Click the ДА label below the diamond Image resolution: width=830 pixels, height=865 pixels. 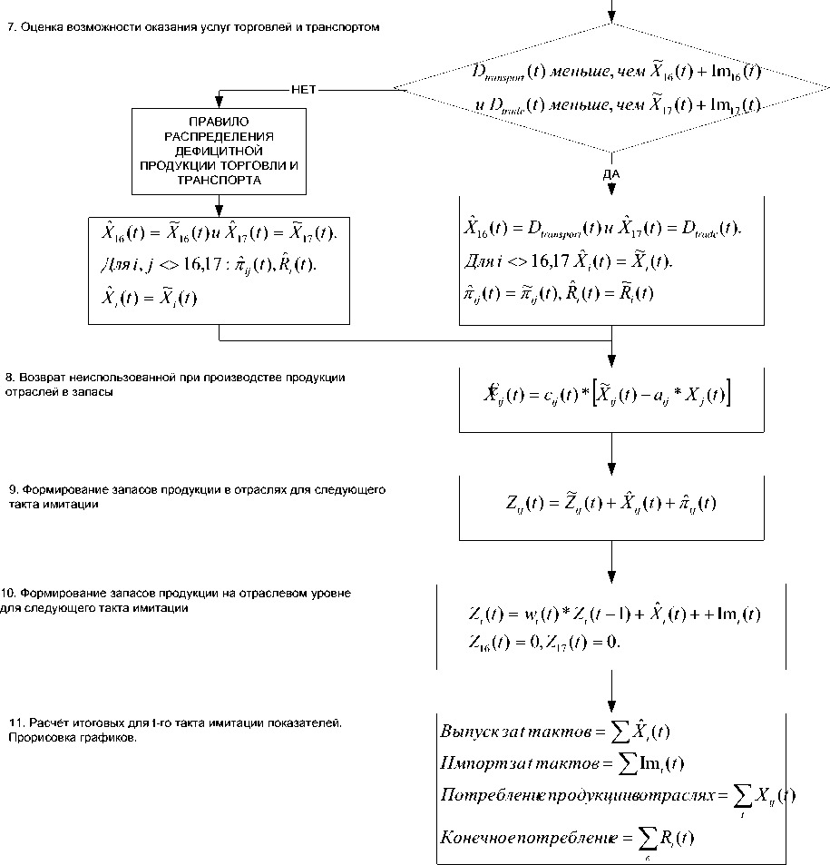pyautogui.click(x=610, y=172)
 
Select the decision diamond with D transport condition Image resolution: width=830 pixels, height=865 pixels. pyautogui.click(x=612, y=88)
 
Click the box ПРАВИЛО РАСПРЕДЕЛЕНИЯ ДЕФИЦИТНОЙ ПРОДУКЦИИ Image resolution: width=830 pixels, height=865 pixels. pyautogui.click(x=219, y=151)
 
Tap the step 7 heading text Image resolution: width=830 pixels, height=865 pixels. pyautogui.click(x=192, y=27)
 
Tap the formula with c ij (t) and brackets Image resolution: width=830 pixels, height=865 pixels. pyautogui.click(x=610, y=395)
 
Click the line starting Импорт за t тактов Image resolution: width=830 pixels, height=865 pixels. pyautogui.click(x=562, y=762)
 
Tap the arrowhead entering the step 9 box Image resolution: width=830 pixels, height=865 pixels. pyautogui.click(x=611, y=468)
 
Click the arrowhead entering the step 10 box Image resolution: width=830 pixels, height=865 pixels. pyautogui.click(x=611, y=577)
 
